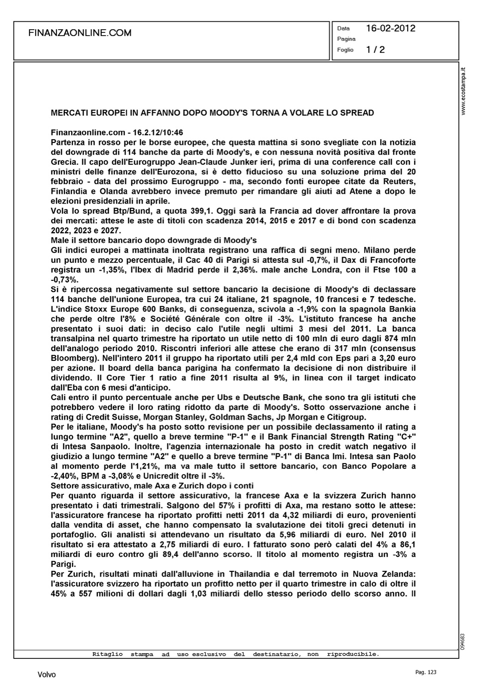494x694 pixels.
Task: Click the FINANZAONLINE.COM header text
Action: (x=79, y=33)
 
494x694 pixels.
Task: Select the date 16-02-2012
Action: (x=390, y=28)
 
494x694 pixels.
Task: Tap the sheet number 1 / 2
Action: (x=375, y=50)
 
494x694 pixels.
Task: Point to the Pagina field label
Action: (x=346, y=39)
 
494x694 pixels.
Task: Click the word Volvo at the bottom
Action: (x=47, y=675)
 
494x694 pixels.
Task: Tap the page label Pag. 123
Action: (x=426, y=672)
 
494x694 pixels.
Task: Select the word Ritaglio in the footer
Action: (x=107, y=654)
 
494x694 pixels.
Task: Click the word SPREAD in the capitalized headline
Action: (x=358, y=113)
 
